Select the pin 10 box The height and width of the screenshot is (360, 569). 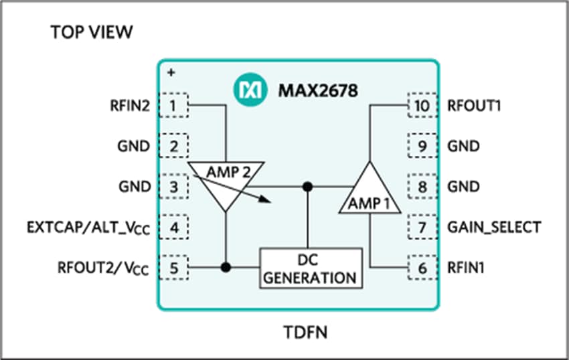pyautogui.click(x=422, y=105)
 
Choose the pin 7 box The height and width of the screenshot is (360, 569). pyautogui.click(x=422, y=227)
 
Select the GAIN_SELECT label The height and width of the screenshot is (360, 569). pyautogui.click(x=493, y=227)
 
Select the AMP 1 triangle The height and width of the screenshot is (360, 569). pyautogui.click(x=370, y=194)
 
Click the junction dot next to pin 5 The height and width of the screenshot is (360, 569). pyautogui.click(x=226, y=267)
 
